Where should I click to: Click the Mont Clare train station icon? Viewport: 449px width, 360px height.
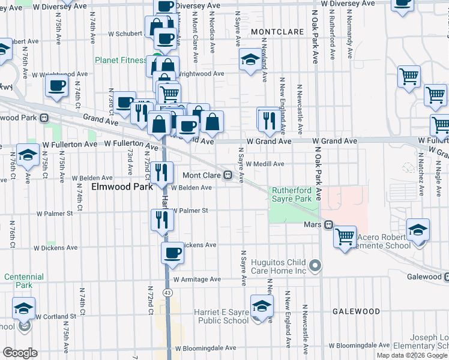pyautogui.click(x=228, y=175)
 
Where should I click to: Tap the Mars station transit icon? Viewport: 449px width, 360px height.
pyautogui.click(x=328, y=225)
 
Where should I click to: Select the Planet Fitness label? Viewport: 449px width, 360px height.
pyautogui.click(x=121, y=60)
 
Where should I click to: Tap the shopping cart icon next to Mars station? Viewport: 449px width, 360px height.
pyautogui.click(x=345, y=235)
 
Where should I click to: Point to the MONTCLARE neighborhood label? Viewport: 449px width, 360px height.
pyautogui.click(x=275, y=31)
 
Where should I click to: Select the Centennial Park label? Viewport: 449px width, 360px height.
pyautogui.click(x=23, y=281)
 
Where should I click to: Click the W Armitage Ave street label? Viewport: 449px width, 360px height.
pyautogui.click(x=197, y=279)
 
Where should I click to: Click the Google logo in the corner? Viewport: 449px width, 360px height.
pyautogui.click(x=20, y=353)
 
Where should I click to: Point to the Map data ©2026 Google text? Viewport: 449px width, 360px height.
pyautogui.click(x=411, y=355)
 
